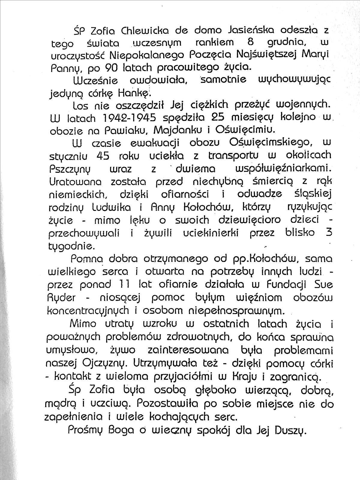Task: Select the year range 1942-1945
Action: tap(127, 118)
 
